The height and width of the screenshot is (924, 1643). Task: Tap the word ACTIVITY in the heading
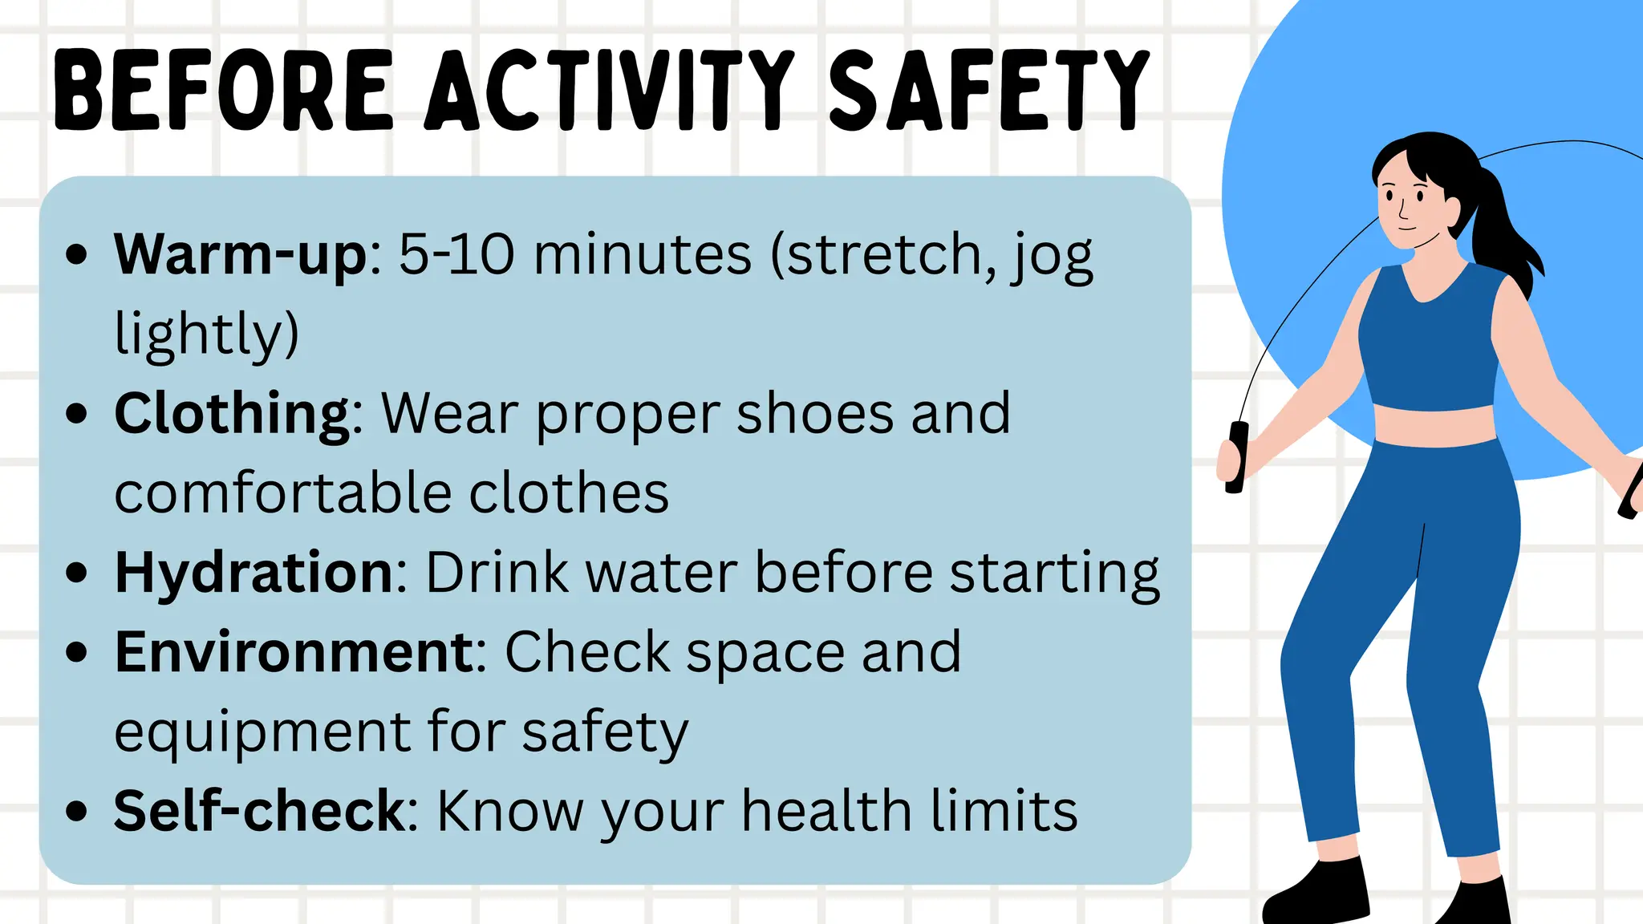[610, 90]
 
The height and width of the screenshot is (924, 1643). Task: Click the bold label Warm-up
[241, 255]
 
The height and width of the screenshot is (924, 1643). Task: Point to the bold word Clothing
[233, 414]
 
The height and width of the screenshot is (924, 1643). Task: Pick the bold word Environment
[295, 651]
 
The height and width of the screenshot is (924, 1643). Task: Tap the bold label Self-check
[260, 811]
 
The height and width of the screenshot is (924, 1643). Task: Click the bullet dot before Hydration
[77, 573]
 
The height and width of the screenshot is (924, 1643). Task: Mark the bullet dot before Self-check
[77, 812]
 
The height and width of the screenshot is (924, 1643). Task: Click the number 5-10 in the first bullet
[456, 255]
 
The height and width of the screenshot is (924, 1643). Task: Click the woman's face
[1408, 201]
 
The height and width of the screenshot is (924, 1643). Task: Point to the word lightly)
[206, 334]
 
